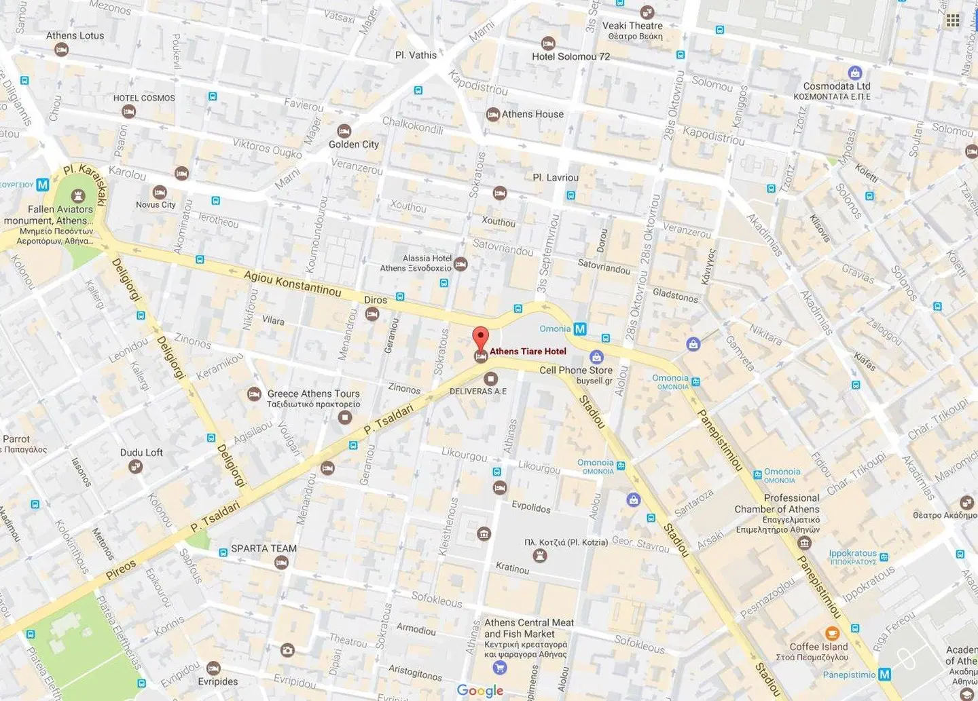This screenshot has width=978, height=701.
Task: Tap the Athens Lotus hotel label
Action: tap(75, 35)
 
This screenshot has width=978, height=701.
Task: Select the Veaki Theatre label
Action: tap(632, 26)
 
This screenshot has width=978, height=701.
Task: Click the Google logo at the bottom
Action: tap(479, 690)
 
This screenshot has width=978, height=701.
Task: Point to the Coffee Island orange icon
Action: tap(832, 634)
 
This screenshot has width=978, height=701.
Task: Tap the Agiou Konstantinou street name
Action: tap(292, 284)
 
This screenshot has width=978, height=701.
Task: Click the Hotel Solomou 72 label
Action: tap(570, 56)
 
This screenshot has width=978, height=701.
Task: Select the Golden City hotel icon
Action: tap(344, 130)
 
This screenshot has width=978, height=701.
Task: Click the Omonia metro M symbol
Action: tap(580, 329)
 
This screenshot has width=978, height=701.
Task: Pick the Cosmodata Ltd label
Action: tap(836, 86)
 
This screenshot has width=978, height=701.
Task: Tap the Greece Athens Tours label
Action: tap(313, 394)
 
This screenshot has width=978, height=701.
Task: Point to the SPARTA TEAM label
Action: tap(264, 548)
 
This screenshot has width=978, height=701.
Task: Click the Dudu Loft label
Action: tap(141, 453)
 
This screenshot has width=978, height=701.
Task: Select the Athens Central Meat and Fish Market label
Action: tap(528, 628)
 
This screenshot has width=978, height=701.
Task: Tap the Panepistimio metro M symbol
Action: tap(884, 675)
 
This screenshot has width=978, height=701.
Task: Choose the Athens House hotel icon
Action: tap(493, 115)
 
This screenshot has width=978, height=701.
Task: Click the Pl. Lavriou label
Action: tap(556, 178)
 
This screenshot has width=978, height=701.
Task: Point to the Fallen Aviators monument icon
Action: tap(78, 196)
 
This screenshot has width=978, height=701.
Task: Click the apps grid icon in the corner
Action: tap(953, 20)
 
